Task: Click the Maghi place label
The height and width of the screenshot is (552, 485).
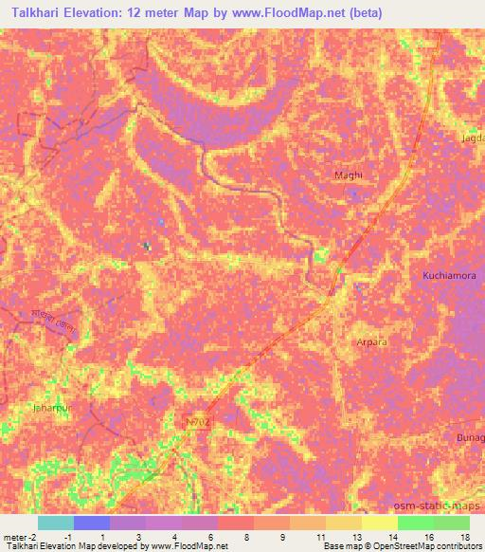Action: click(349, 175)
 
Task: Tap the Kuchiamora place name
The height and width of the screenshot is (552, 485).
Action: click(448, 274)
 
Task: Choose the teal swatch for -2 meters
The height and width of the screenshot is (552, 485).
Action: click(55, 524)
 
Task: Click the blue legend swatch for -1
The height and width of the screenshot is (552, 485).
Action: click(91, 524)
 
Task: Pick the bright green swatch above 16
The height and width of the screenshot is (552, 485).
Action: click(415, 524)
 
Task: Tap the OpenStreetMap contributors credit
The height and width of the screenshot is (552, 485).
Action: click(426, 546)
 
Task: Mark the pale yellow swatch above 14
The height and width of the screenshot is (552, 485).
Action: click(379, 524)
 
